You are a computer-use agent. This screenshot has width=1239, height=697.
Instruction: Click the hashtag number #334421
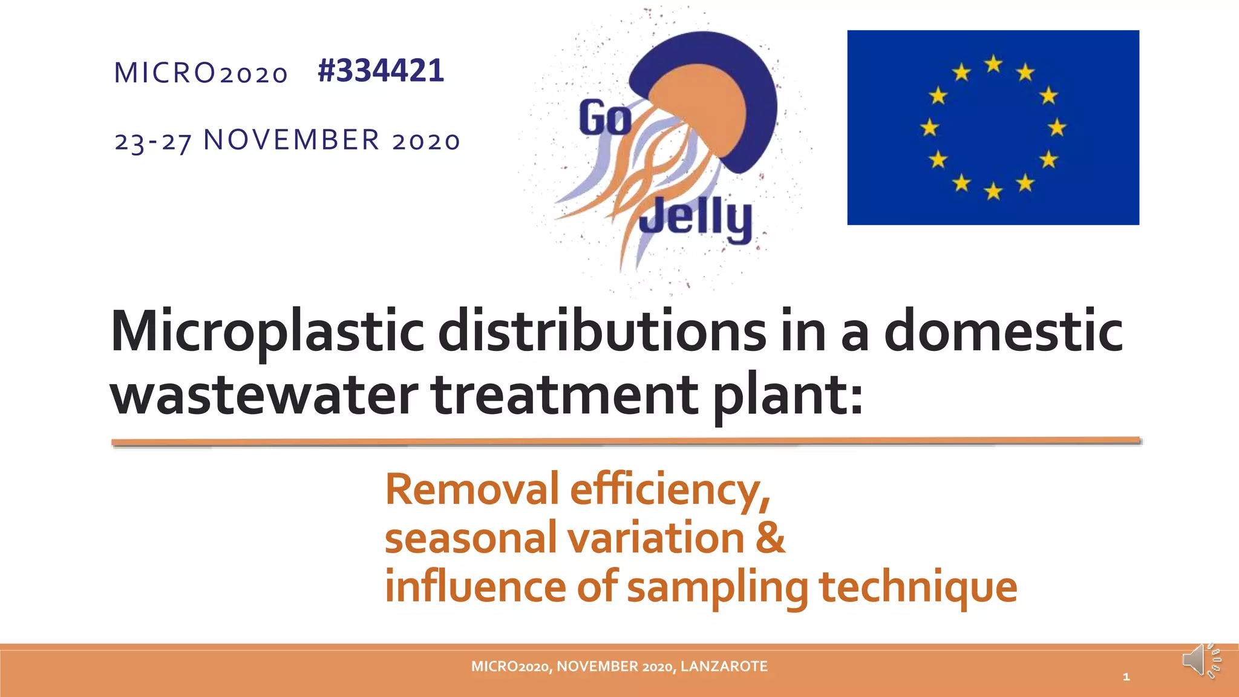[381, 71]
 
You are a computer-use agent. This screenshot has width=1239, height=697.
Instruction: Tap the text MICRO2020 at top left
[201, 73]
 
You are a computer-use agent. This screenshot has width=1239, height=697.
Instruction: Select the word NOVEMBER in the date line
[292, 140]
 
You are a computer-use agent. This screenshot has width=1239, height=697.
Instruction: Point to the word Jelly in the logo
[696, 218]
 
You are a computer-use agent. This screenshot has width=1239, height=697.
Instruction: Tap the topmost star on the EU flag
[993, 64]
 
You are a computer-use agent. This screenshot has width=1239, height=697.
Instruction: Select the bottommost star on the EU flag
[993, 192]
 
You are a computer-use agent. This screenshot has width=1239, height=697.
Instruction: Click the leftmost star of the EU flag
[929, 128]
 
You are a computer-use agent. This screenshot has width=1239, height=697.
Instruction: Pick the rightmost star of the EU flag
[1058, 128]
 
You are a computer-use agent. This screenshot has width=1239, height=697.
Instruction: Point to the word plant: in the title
[788, 396]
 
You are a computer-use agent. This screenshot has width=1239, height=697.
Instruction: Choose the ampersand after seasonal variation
[770, 537]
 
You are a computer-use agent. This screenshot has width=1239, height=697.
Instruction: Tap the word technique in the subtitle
[918, 586]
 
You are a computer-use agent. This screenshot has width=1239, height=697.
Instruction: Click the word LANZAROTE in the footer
[724, 667]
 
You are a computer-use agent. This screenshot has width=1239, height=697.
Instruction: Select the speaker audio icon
[1200, 661]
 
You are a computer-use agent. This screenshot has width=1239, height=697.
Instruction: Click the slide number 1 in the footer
[1126, 677]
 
